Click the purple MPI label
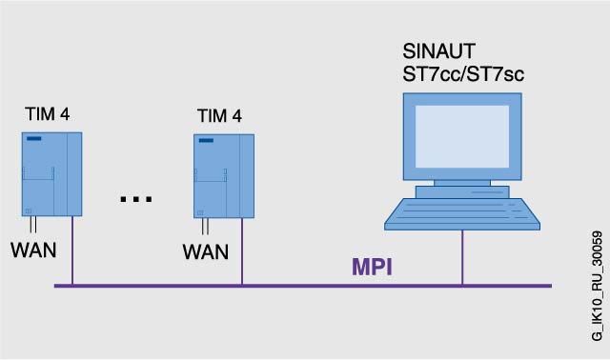coord(372,267)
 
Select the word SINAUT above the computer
coord(438,51)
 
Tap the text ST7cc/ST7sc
coord(463,74)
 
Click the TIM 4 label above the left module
coord(48,114)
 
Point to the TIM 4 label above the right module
coord(219,116)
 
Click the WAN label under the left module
coord(33,250)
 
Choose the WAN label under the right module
coord(206,251)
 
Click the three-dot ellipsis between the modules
coord(135,199)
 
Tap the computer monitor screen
coord(462,136)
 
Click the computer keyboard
coord(462,214)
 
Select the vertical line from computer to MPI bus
coord(462,257)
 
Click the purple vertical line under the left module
coord(72,250)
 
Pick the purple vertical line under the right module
coord(242,251)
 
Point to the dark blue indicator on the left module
coord(34,138)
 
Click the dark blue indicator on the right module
coord(206,140)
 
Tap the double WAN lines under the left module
coord(33,225)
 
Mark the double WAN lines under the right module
coord(205,227)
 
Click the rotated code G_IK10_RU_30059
coord(598,286)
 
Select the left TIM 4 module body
coord(51,174)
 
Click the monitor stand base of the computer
coord(462,192)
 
